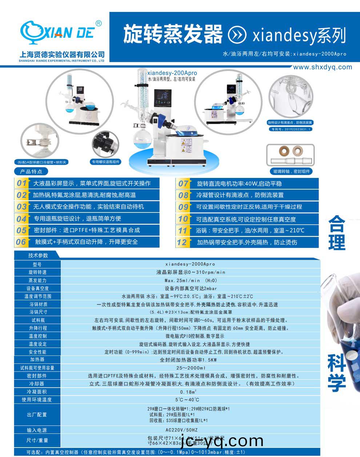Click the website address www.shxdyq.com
point(322,67)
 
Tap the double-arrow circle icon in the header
point(237,35)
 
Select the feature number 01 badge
point(22,183)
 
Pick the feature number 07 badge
point(183,184)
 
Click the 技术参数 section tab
point(38,255)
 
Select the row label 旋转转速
point(37,272)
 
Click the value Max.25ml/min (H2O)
point(191,280)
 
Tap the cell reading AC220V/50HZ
point(191,430)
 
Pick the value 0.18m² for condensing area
point(188,392)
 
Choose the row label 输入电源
point(37,430)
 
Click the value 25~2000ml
point(191,368)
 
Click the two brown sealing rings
point(291,150)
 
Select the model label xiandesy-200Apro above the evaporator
point(172,73)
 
